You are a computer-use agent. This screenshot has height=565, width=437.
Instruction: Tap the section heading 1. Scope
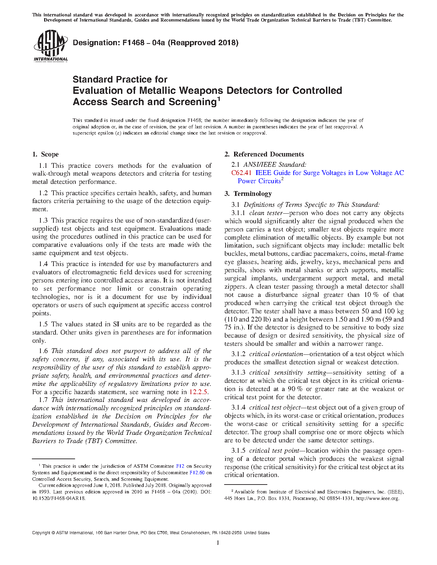(x=45, y=154)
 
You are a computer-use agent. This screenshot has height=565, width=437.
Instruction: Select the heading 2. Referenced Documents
(x=264, y=154)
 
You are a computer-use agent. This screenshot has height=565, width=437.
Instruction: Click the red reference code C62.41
(x=241, y=173)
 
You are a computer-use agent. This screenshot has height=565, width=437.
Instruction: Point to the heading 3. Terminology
(x=248, y=194)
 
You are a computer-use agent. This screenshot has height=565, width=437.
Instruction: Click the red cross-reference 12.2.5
(x=198, y=392)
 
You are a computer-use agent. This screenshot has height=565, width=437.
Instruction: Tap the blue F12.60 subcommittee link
(x=197, y=473)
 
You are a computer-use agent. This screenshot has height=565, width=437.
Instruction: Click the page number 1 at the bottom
(x=218, y=543)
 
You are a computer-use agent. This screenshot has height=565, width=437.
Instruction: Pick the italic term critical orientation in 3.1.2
(x=276, y=354)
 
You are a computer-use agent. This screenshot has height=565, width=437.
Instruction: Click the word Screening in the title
(x=192, y=102)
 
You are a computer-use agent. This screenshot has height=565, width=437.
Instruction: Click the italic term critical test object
(x=275, y=407)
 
